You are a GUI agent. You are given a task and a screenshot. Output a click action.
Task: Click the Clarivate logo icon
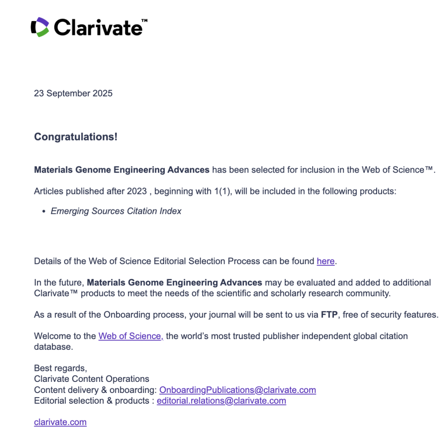click(40, 27)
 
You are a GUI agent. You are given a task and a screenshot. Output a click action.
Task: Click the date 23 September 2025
click(73, 94)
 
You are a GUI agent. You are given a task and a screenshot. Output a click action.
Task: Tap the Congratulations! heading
click(75, 137)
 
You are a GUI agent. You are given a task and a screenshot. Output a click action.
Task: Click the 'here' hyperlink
click(325, 261)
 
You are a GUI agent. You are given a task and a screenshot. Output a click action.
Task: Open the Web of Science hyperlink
click(131, 336)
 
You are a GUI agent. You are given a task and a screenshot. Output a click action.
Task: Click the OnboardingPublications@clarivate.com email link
click(237, 390)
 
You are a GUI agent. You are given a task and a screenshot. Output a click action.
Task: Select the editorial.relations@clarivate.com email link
click(221, 401)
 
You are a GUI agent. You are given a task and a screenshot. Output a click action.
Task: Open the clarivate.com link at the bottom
click(60, 422)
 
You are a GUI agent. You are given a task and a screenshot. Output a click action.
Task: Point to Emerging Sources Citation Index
click(116, 211)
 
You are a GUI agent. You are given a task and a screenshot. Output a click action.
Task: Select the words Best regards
click(60, 368)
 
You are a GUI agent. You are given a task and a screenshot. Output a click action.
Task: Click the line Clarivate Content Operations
click(91, 379)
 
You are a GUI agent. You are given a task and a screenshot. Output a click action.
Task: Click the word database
click(53, 347)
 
